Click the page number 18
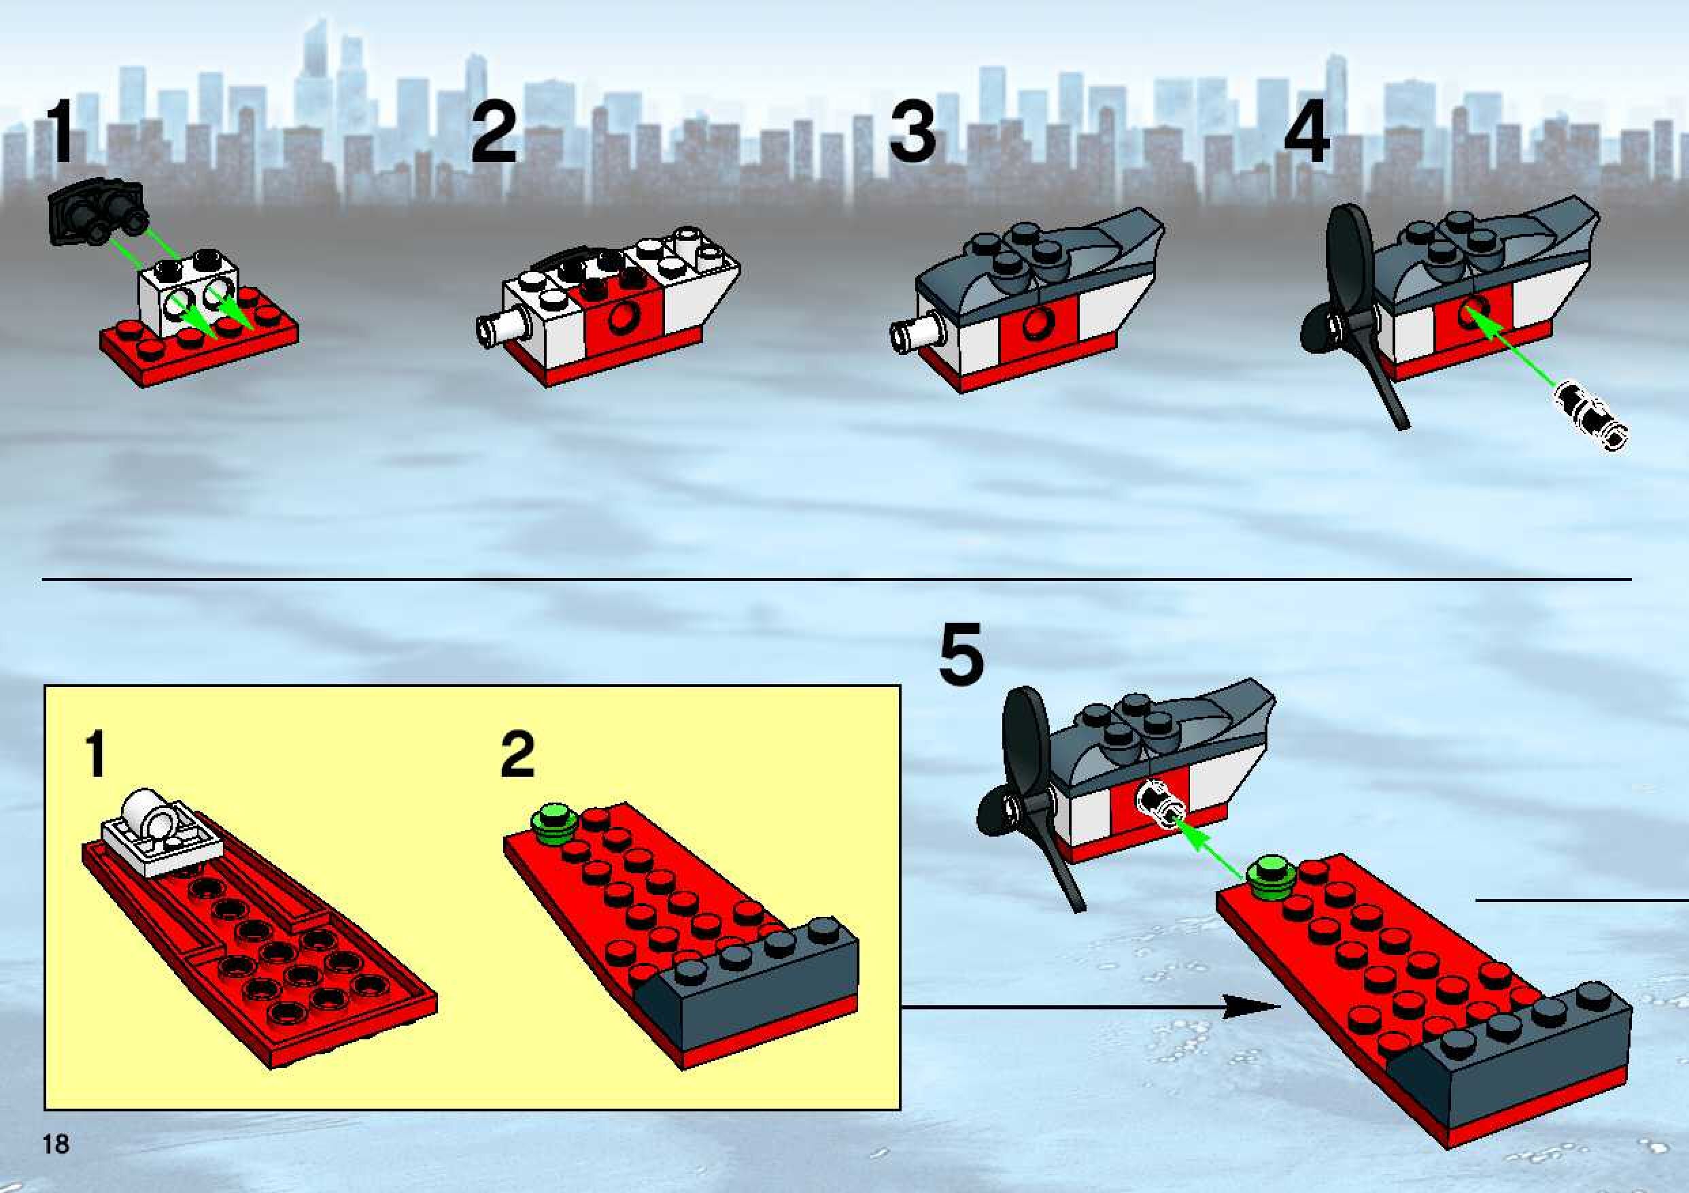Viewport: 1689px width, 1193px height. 56,1164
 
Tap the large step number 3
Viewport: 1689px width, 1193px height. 913,133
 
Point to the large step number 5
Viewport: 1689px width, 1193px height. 961,653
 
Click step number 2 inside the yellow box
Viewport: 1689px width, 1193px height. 517,754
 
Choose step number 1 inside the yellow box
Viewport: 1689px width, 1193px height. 95,754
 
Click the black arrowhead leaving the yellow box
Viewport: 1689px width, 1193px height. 1250,1007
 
